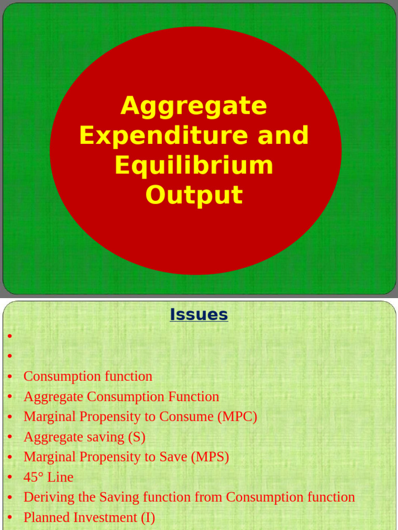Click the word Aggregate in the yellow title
coord(194,106)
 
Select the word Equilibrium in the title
coord(194,165)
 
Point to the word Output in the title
coord(194,195)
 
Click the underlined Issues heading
coord(198,315)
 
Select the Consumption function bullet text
coord(88,376)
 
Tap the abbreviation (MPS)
coord(210,457)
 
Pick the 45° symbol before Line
coord(34,477)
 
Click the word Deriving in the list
coord(42,497)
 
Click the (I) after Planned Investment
coord(148,518)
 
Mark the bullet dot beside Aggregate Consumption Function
coord(10,397)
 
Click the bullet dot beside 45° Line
coord(10,478)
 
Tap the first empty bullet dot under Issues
coord(10,336)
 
